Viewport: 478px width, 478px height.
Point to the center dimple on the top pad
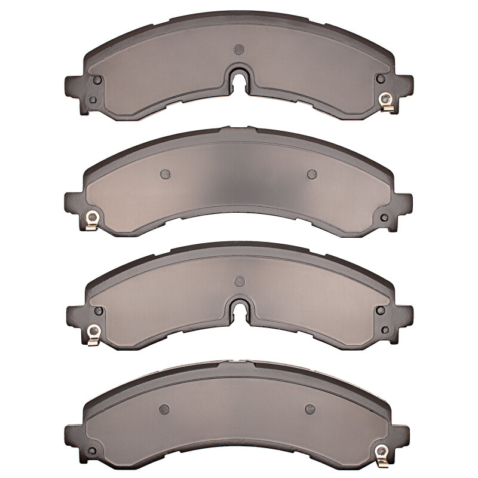pyautogui.click(x=240, y=48)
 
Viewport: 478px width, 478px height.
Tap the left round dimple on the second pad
pyautogui.click(x=166, y=174)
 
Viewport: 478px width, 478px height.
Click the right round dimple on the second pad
pyautogui.click(x=311, y=174)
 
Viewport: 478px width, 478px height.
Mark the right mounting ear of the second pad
pyautogui.click(x=405, y=203)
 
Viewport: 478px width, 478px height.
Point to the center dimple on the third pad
pyautogui.click(x=240, y=281)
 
